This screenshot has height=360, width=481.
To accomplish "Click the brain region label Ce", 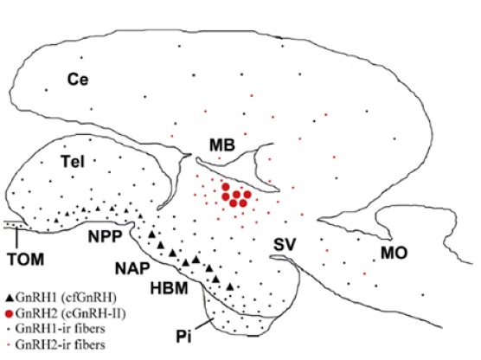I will [80, 80].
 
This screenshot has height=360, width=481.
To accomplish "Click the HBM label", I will [166, 287].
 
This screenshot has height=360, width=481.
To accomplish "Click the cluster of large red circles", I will [234, 196].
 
